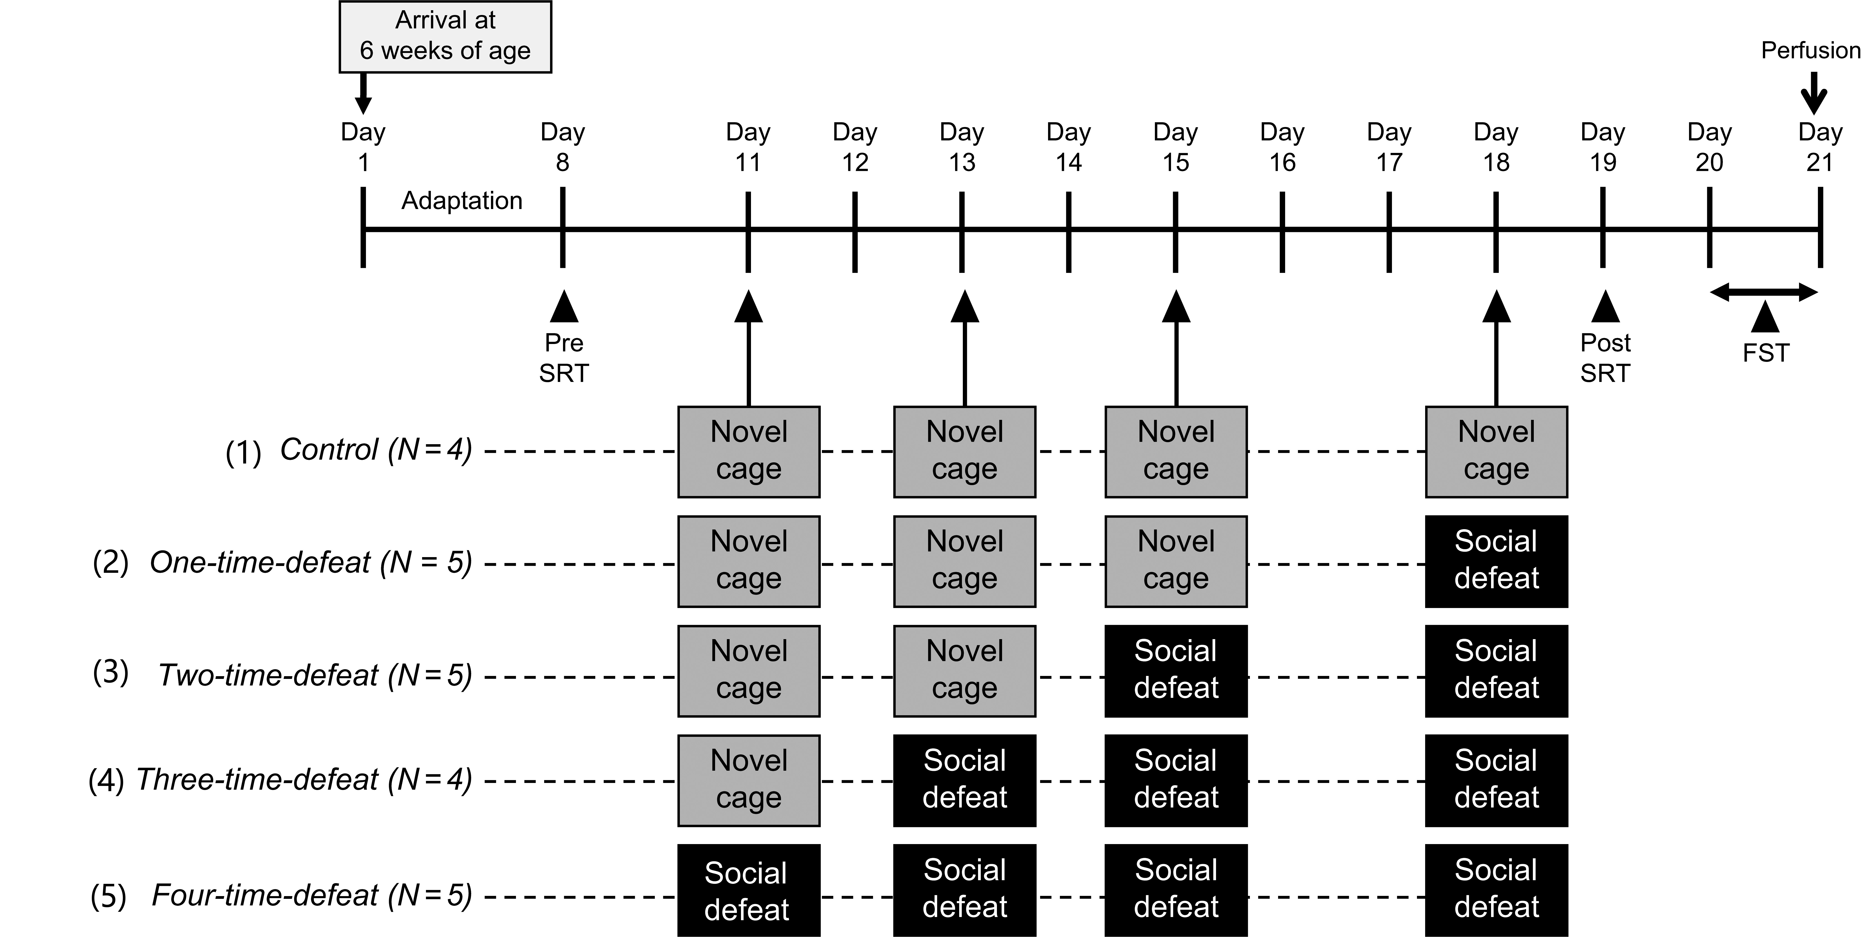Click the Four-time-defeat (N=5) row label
(312, 896)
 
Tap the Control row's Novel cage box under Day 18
(1496, 451)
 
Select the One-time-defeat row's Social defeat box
(1496, 561)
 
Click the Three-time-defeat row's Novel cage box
(749, 780)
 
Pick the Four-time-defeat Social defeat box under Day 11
(749, 890)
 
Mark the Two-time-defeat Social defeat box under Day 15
(1176, 670)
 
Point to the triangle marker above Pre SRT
(564, 306)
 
